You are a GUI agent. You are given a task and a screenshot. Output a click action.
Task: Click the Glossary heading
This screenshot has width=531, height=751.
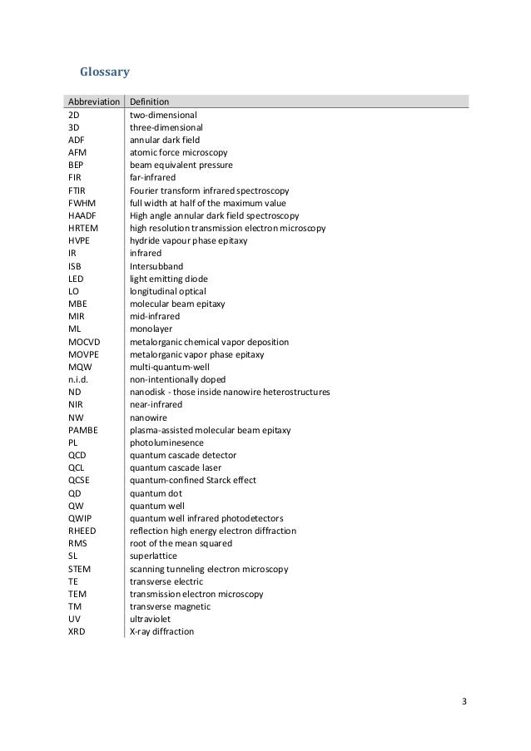(x=104, y=72)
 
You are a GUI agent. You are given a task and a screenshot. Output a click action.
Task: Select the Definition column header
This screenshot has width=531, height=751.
(x=150, y=102)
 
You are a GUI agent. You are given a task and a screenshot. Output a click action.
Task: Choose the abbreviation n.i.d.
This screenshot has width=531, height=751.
(x=77, y=379)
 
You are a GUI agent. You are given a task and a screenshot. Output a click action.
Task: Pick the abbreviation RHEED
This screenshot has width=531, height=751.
(x=82, y=531)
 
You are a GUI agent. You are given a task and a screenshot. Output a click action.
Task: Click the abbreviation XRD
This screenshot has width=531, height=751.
(x=77, y=631)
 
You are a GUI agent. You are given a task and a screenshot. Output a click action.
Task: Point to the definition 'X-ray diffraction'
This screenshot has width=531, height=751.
(x=161, y=631)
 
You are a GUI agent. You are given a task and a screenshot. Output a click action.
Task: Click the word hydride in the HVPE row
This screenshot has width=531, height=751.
(x=145, y=240)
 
